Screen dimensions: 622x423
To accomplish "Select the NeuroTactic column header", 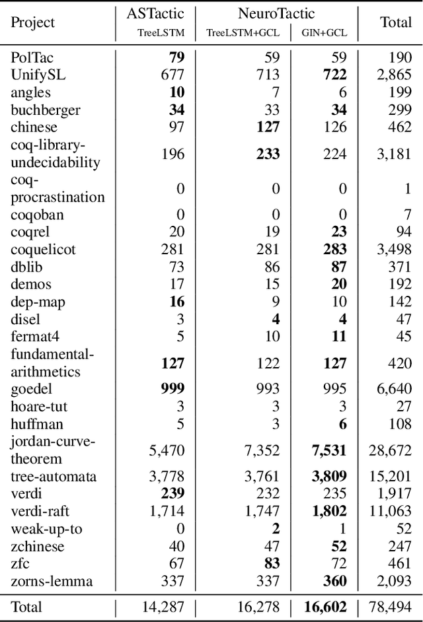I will pos(276,13).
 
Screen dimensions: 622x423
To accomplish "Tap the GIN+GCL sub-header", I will pos(325,32).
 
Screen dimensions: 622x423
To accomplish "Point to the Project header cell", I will pos(33,22).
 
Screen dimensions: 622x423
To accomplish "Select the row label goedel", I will pos(31,389).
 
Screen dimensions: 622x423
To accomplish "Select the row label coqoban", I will pos(34,214).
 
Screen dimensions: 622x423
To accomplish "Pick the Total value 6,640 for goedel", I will pos(395,389).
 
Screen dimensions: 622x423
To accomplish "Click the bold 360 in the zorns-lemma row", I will pos(334,581).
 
